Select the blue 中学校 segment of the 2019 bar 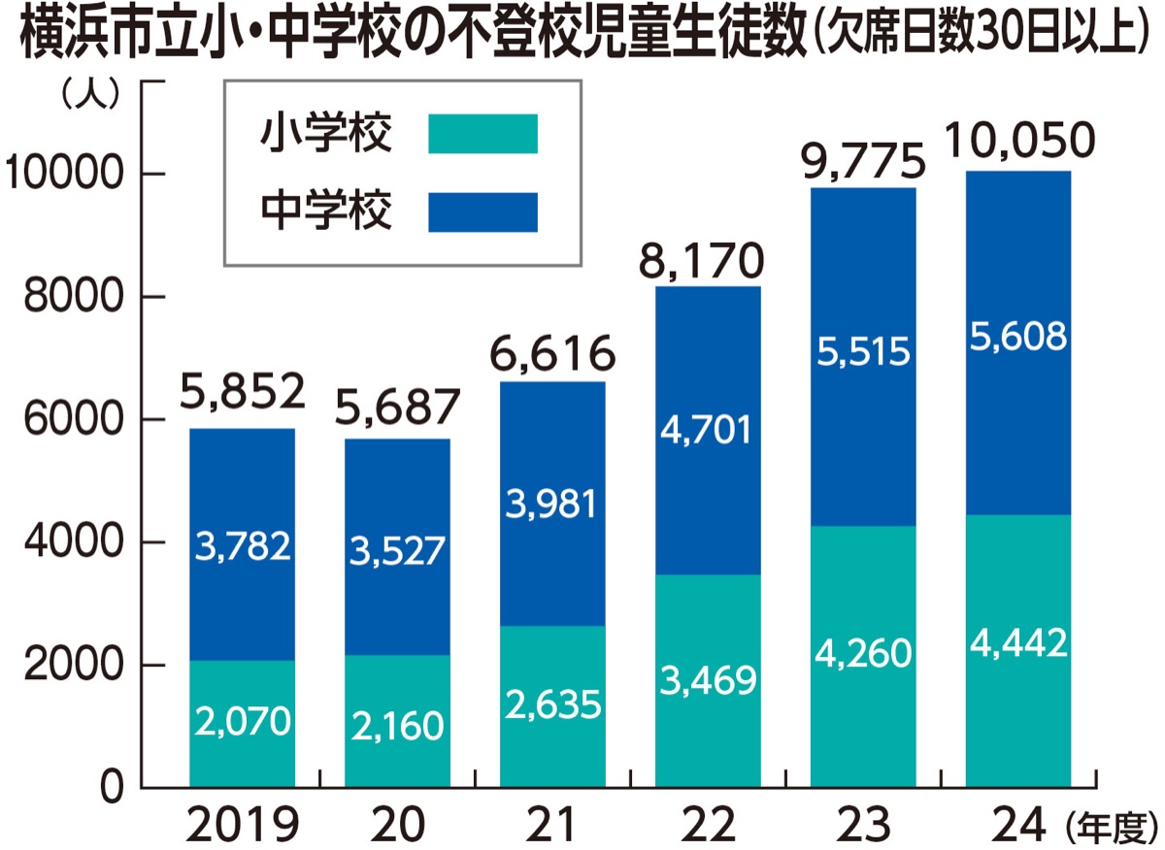tap(243, 485)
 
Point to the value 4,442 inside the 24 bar tap(1018, 642)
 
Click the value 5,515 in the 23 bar tap(863, 351)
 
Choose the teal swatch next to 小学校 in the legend tap(483, 133)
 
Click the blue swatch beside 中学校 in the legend tap(483, 212)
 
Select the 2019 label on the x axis tap(242, 826)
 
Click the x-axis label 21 tap(552, 826)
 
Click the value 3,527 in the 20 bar tap(398, 551)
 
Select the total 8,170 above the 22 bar tap(708, 260)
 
